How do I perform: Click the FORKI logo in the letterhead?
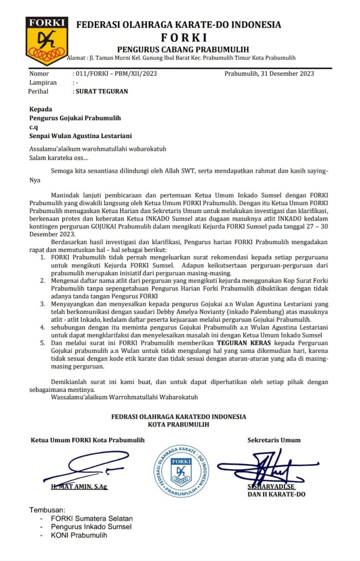coord(47,41)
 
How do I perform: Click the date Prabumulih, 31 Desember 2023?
coord(269,74)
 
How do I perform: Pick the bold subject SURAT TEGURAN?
coord(102,92)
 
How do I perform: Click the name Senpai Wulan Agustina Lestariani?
coord(81,136)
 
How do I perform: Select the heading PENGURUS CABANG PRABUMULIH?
coord(183,49)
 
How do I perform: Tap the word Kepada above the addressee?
coord(41,109)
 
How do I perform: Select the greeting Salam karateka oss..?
coord(58,158)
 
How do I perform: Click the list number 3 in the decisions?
coord(42,304)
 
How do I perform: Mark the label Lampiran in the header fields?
coord(43,82)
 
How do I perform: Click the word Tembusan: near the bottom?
coord(47,510)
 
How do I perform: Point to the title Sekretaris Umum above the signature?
coord(274,440)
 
